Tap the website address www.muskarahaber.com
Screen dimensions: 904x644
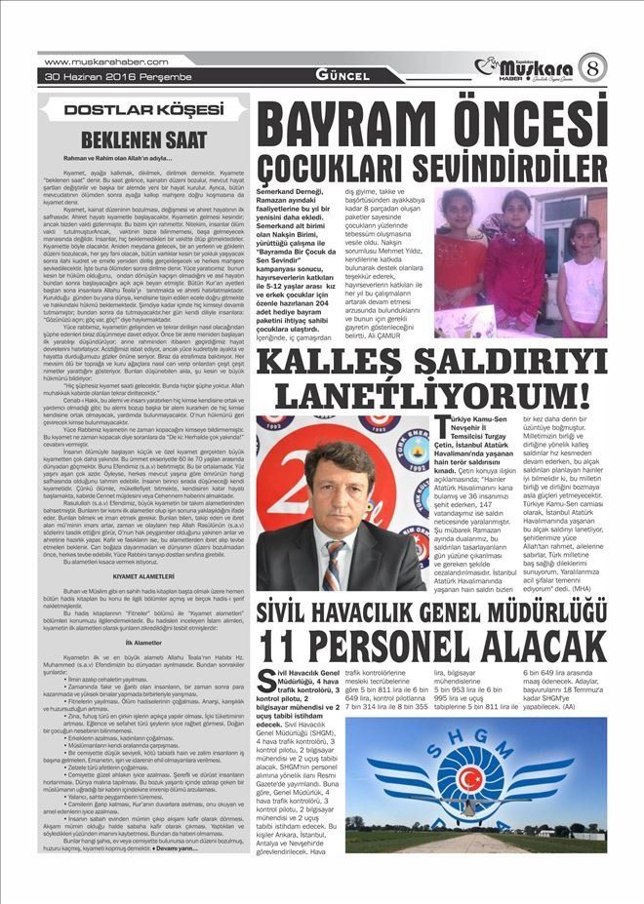(91, 61)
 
